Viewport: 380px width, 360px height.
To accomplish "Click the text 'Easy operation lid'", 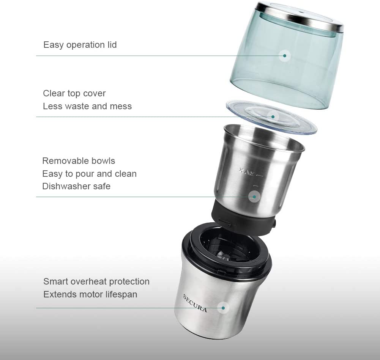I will tap(80, 45).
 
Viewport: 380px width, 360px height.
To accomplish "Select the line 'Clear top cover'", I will tap(74, 93).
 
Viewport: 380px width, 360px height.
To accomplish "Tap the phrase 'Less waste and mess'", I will tap(87, 106).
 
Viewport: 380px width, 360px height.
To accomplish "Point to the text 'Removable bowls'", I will tap(78, 161).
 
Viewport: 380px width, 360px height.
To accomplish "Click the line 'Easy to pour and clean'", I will tap(89, 174).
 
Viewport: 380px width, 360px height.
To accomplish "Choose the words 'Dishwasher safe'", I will tap(76, 186).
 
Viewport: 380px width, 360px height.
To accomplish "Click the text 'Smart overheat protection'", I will tap(96, 281).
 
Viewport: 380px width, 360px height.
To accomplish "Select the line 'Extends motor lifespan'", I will tap(90, 294).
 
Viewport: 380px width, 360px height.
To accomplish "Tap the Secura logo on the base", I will tap(195, 303).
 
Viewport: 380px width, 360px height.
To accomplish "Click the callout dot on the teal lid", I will tap(284, 56).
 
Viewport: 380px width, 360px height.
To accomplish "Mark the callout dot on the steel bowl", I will tap(254, 197).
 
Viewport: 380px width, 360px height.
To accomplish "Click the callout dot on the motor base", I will tap(224, 308).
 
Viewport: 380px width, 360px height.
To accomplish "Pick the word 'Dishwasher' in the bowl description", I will tap(65, 186).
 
